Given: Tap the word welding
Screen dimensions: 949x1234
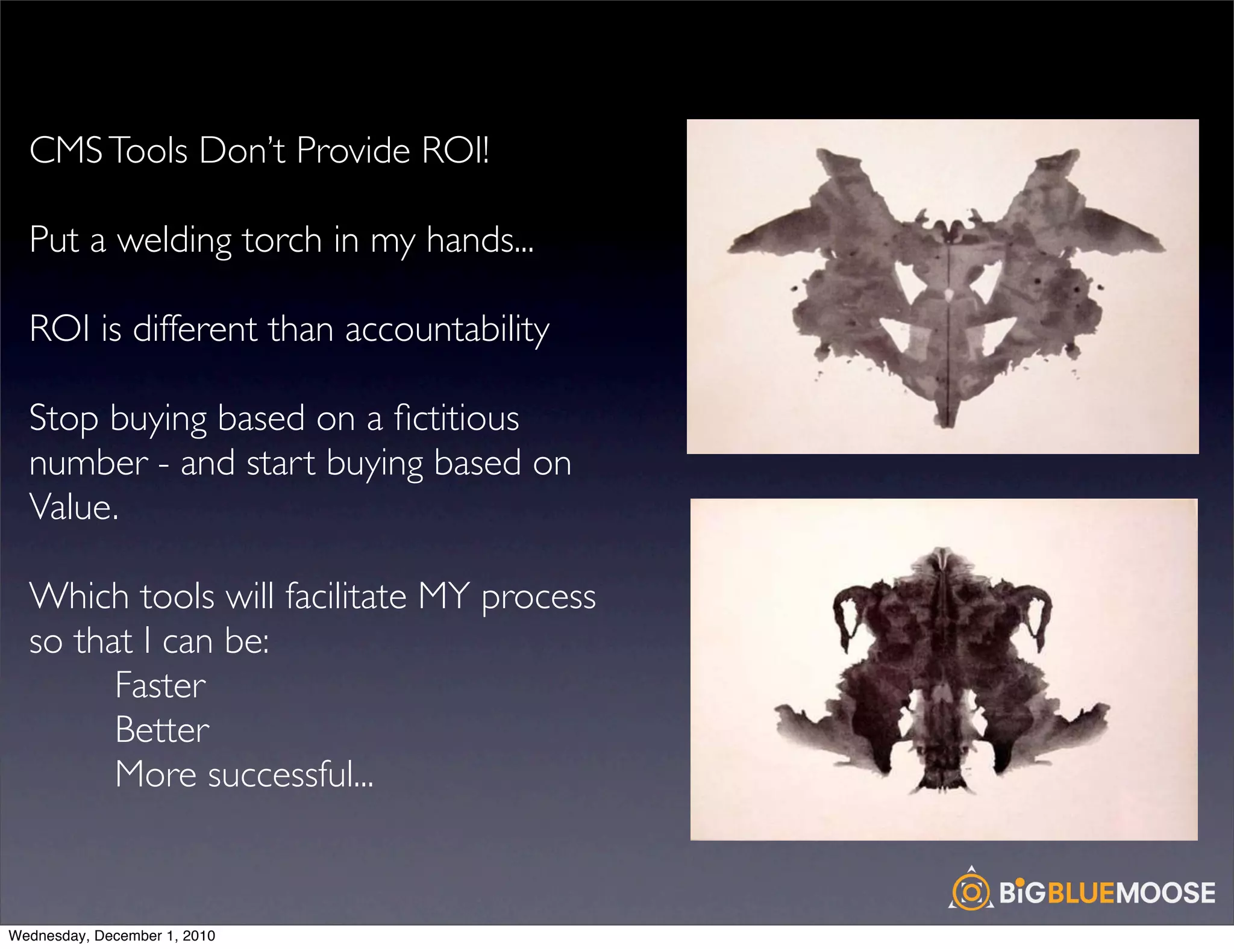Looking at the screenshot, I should [x=174, y=240].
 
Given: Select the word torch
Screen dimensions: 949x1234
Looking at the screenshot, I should [x=282, y=240].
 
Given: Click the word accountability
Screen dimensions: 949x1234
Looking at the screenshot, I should [x=446, y=331].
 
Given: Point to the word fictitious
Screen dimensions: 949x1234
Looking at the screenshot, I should [x=456, y=418].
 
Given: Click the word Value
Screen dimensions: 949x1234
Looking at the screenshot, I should [x=73, y=507].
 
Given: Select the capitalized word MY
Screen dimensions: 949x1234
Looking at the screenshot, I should [x=443, y=597].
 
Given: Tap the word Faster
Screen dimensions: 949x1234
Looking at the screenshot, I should [x=160, y=686].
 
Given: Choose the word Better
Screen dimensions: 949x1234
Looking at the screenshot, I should [x=162, y=730].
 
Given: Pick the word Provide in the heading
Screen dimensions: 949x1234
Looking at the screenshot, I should [x=353, y=150].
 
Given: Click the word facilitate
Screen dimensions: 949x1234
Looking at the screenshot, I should [x=346, y=597].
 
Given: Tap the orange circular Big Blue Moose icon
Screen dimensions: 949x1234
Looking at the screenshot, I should [x=971, y=891].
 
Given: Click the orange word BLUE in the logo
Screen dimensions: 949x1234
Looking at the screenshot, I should [x=1082, y=892].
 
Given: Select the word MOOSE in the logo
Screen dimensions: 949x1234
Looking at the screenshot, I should [x=1166, y=892].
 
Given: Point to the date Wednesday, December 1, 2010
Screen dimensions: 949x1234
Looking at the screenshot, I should [x=112, y=936].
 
